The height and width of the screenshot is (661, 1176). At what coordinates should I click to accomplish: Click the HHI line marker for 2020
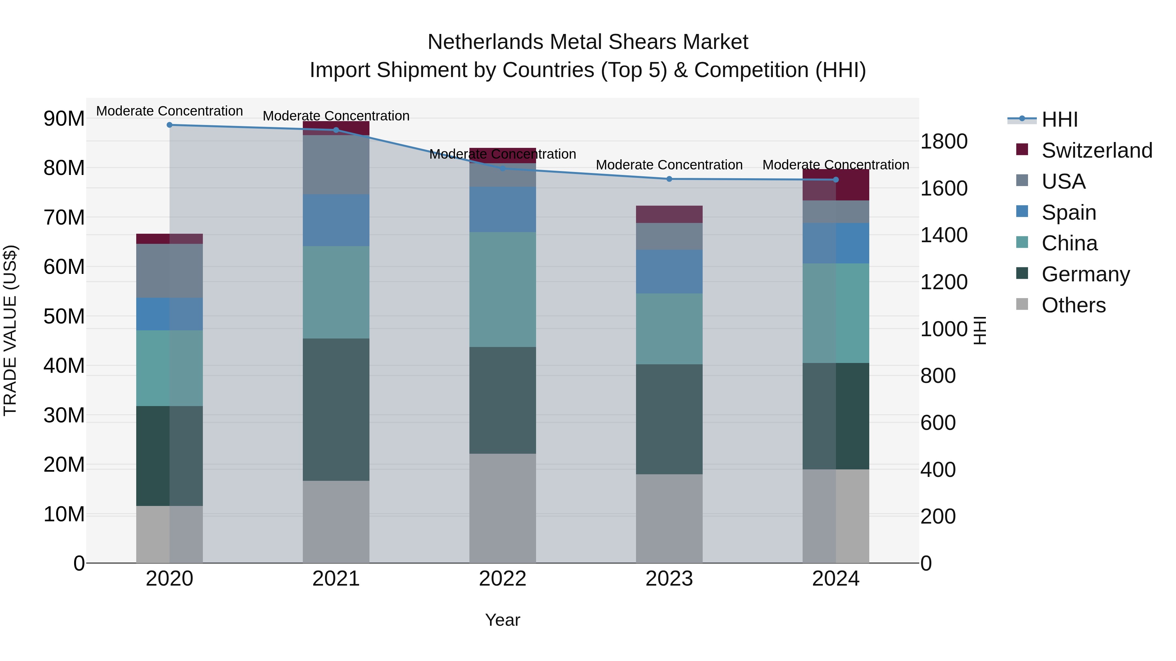point(169,125)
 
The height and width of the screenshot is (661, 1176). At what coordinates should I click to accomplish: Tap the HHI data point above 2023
point(669,179)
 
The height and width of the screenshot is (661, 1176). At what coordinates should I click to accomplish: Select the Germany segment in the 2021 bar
point(336,409)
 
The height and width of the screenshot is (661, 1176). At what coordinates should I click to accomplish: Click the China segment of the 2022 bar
point(503,289)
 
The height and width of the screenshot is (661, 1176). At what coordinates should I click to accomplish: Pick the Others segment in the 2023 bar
point(669,518)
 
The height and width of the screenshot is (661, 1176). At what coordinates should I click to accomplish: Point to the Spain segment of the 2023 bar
point(669,272)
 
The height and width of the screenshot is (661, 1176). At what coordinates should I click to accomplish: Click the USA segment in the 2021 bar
point(336,165)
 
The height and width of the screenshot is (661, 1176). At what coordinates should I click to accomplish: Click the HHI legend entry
point(1059,119)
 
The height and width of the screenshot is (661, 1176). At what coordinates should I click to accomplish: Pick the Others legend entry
point(1073,305)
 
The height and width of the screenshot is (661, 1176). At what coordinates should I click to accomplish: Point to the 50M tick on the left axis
point(64,316)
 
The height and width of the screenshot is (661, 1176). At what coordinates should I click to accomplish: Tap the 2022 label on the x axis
point(503,579)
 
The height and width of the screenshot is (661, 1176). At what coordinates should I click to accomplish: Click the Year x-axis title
point(503,620)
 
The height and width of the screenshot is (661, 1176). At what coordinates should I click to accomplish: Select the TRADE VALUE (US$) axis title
point(10,330)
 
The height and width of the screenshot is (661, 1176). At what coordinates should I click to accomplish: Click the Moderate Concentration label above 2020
point(169,111)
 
